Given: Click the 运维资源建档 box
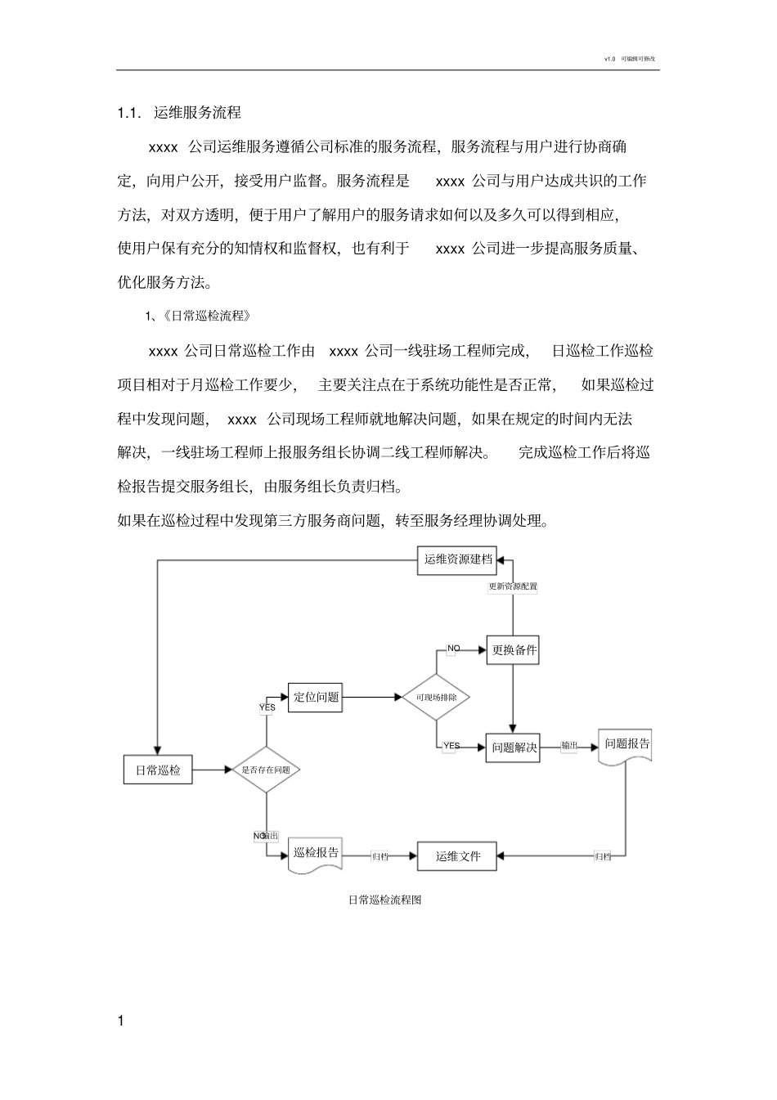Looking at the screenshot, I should point(458,560).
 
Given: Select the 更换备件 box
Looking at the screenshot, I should point(514,650).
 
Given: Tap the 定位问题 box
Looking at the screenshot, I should point(316,697).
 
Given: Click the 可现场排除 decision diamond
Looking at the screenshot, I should point(436,698).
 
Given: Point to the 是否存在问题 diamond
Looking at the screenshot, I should point(266,770).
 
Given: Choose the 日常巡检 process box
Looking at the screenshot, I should point(158,770).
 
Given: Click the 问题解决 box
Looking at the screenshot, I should point(514,748).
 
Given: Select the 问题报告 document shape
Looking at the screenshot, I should point(627,746).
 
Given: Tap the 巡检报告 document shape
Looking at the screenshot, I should point(316,854).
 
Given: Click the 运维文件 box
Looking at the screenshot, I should point(458,856).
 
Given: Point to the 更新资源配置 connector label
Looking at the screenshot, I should point(513,586).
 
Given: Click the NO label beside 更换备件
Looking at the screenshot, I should point(453,649).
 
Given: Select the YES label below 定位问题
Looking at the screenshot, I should point(267,707).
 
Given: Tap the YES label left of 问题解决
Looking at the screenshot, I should point(451,746).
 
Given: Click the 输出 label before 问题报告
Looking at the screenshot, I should point(569,746).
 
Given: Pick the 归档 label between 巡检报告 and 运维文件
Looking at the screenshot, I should point(380,856).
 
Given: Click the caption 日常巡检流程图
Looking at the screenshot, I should point(384,900).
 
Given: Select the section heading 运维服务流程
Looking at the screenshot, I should point(197,113).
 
